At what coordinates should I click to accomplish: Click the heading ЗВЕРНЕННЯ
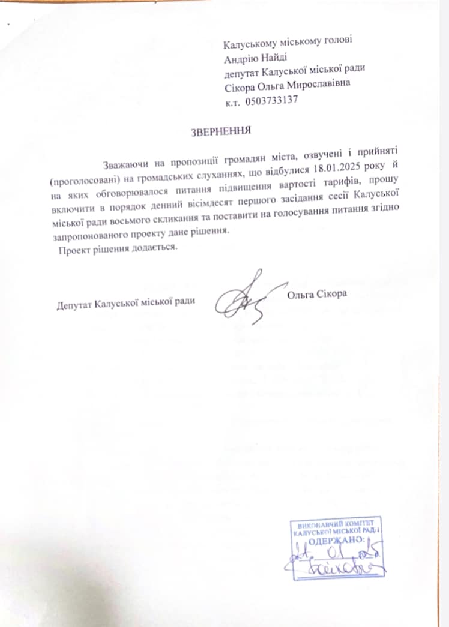pos(220,130)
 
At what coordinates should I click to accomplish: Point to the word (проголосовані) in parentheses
pos(80,179)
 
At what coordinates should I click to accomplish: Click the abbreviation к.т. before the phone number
pos(232,102)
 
